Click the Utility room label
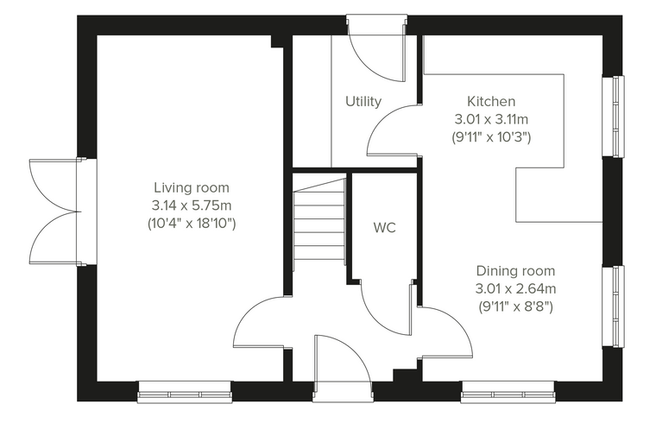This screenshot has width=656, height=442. click(363, 102)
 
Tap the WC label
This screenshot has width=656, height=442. click(384, 228)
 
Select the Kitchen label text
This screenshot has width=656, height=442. click(491, 101)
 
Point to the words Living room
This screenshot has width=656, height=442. click(192, 187)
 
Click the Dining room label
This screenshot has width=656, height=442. click(515, 271)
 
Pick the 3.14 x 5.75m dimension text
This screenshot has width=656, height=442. click(192, 205)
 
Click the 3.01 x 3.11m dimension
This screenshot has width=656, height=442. click(491, 119)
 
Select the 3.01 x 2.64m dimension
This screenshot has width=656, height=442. click(515, 289)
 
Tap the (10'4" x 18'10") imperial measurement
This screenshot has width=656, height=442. click(192, 224)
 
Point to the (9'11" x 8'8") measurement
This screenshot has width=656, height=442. click(515, 306)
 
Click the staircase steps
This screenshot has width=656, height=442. click(319, 219)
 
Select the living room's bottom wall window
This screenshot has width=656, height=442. click(185, 392)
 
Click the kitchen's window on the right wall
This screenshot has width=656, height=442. click(613, 117)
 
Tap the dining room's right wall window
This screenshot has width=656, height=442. click(613, 306)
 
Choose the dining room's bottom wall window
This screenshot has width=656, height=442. click(508, 392)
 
